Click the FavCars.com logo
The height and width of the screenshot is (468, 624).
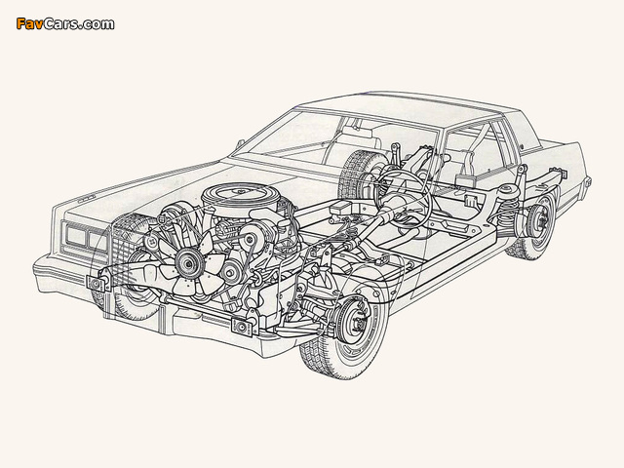pyautogui.click(x=65, y=23)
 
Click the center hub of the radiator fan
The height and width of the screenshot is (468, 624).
pyautogui.click(x=186, y=262)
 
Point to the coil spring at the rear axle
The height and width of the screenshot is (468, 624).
pyautogui.click(x=508, y=206)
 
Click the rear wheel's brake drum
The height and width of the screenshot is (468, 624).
pyautogui.click(x=540, y=221)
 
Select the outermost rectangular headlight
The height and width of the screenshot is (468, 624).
pyautogui.click(x=75, y=235)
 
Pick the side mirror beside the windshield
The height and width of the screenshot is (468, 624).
pyautogui.click(x=240, y=143)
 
